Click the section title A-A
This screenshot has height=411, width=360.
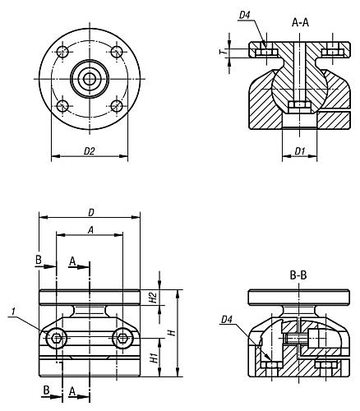coord(300,23)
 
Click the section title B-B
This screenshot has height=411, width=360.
coord(298,275)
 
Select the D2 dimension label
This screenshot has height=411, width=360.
coord(90,151)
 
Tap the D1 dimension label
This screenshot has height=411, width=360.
coord(300,151)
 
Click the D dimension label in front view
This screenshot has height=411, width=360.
coord(91,213)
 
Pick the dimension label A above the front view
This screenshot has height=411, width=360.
coord(90,230)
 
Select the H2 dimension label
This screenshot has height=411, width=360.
coord(154,298)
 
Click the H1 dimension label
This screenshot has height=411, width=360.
coord(155,358)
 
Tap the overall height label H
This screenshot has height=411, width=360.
coord(172,333)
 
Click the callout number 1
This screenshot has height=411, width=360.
coord(13,312)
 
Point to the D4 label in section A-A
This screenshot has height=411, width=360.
coord(244,16)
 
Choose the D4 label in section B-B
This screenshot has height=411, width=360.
coord(226,320)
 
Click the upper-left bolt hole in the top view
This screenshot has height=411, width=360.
coord(62,52)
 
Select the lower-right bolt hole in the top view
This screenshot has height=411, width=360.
coord(117,106)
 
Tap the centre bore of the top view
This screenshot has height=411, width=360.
coord(90,79)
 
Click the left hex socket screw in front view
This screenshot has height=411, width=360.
coord(57,339)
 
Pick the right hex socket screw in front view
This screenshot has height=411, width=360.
coord(122,339)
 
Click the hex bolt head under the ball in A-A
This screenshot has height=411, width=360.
coord(300,107)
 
